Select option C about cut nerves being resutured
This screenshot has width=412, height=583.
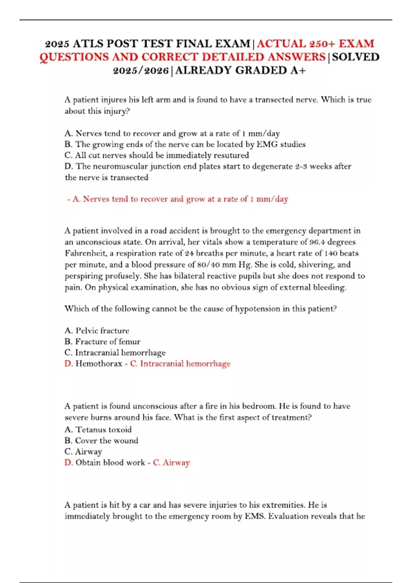tap(157, 155)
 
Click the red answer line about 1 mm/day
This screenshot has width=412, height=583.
tap(178, 199)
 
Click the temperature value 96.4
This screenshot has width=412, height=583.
tap(317, 242)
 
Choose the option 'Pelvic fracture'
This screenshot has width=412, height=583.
tap(102, 331)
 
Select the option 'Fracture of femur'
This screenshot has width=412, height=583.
tap(107, 342)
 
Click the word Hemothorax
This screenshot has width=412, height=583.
tap(99, 364)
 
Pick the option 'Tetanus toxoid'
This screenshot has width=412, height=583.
tap(103, 430)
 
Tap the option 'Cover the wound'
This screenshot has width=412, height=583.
tap(106, 441)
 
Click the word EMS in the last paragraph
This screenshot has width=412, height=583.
tap(254, 516)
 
